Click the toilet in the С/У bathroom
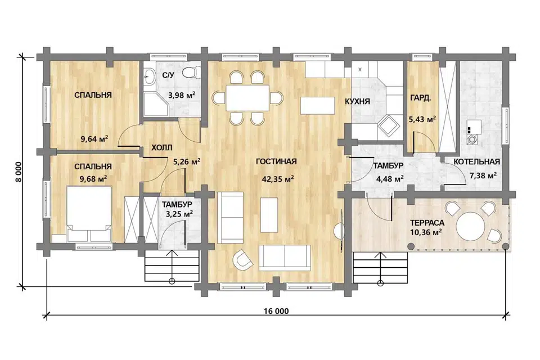click(190, 73)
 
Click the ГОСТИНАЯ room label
click(276, 161)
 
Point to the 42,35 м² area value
click(277, 179)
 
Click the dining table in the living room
click(247, 98)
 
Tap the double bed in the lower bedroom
click(89, 213)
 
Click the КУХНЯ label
click(358, 102)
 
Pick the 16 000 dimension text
click(276, 312)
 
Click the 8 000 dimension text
click(19, 172)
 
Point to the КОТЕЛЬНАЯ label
click(476, 162)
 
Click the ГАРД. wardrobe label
click(420, 98)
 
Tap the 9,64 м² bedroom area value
click(94, 139)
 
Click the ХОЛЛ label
click(162, 148)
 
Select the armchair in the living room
click(243, 259)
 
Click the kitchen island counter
click(317, 105)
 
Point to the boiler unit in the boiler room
click(474, 132)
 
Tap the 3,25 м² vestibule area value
click(179, 214)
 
